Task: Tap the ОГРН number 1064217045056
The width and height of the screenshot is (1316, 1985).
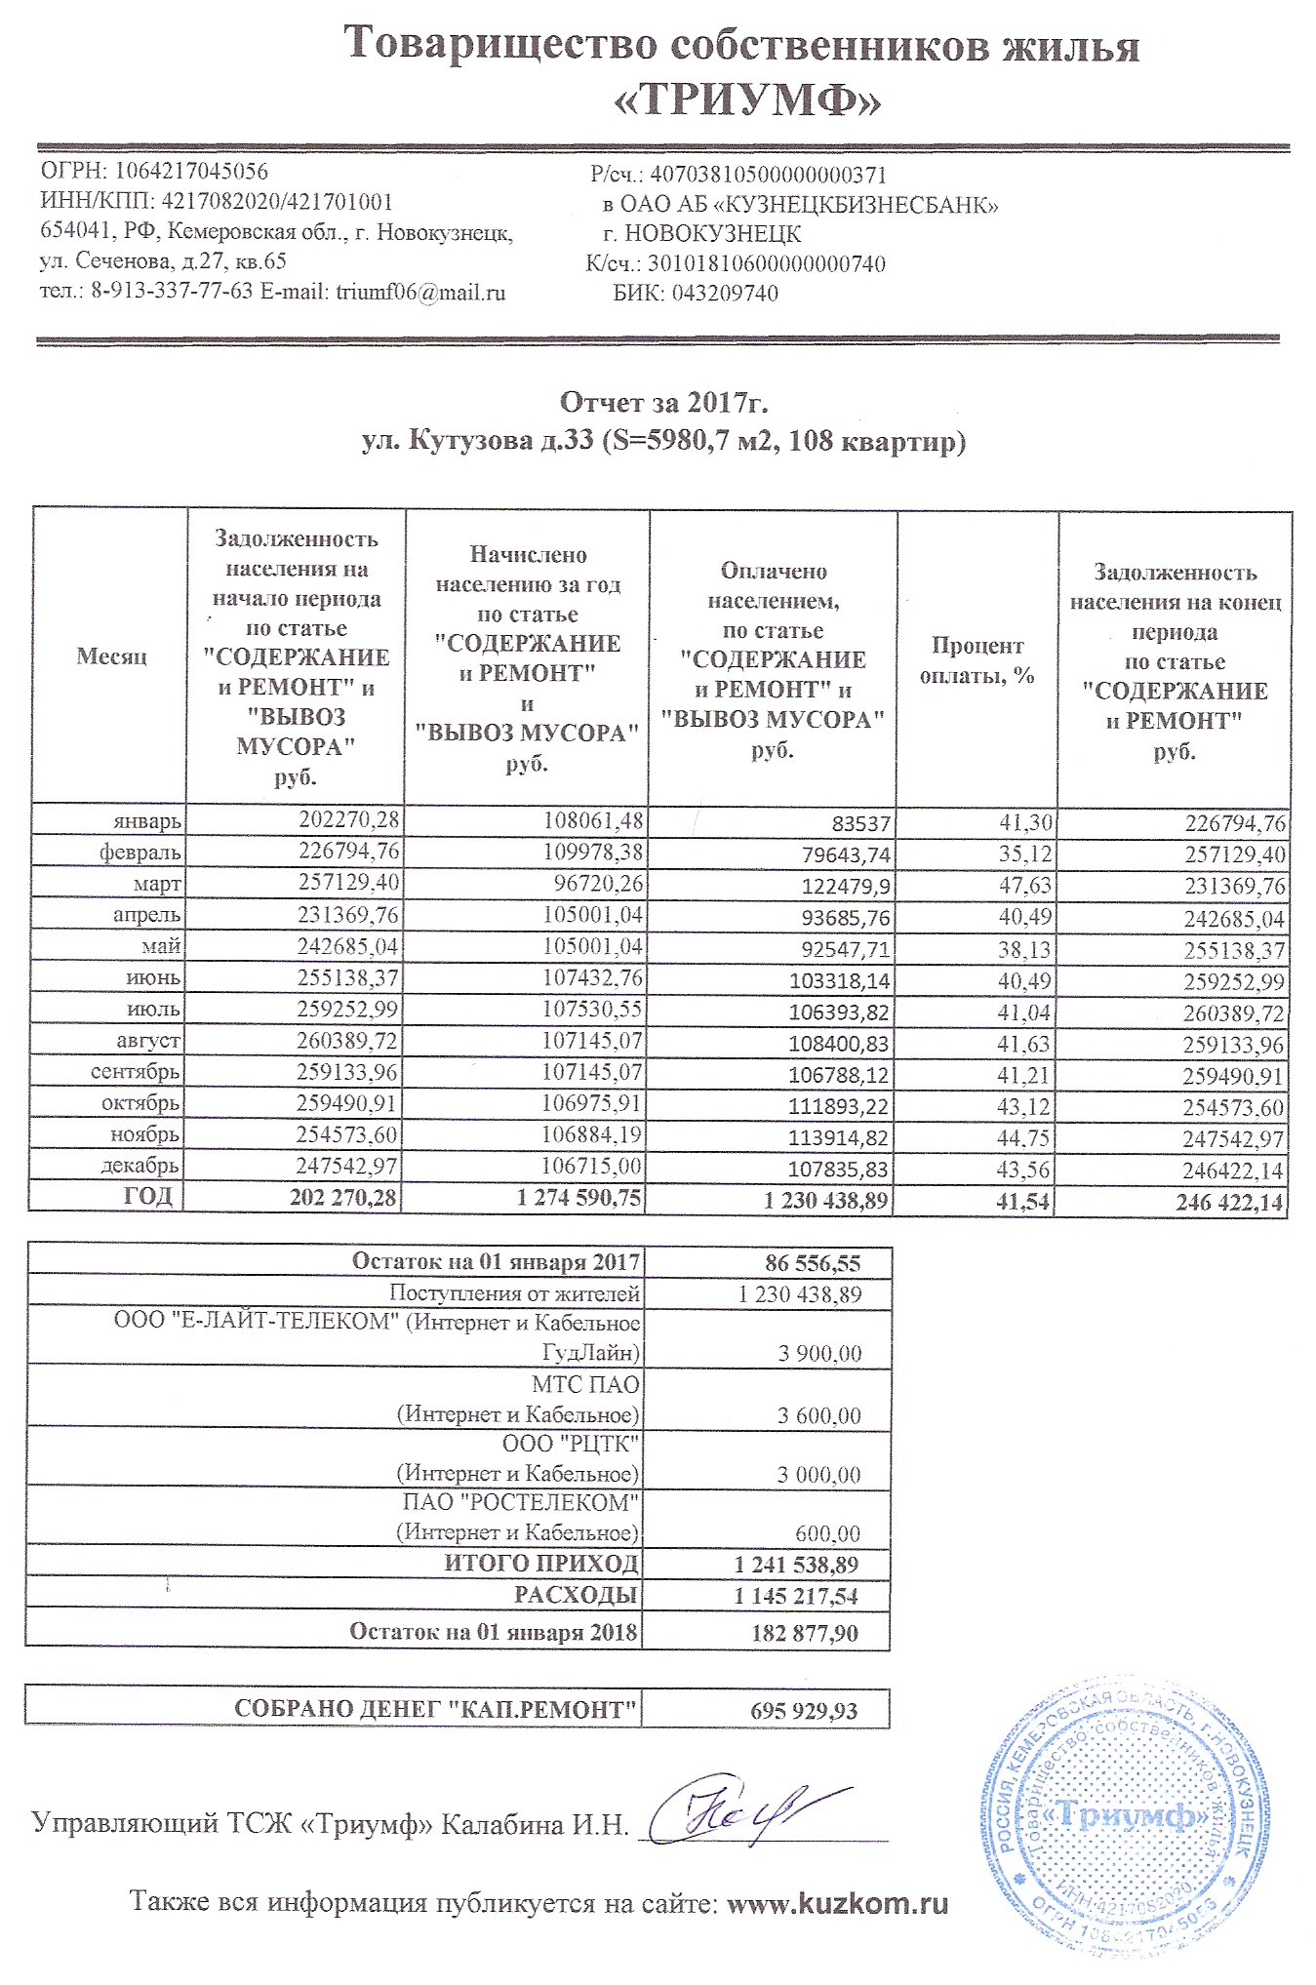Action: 192,172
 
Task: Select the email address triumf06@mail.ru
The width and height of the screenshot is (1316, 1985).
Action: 420,292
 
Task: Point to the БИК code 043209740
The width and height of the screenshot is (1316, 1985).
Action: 724,294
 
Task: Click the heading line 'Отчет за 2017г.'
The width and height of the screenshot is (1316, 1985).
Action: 663,402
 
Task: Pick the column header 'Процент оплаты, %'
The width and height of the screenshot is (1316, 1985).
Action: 977,660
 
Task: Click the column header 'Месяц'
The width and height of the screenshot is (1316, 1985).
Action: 111,656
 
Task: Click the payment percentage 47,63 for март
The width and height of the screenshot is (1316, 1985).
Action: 1025,886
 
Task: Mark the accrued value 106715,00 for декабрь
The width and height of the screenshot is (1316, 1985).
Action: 592,1167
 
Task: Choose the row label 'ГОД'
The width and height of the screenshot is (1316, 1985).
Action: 148,1196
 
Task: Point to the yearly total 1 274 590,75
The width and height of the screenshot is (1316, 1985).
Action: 579,1198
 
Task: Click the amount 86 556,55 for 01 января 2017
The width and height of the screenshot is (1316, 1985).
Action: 813,1264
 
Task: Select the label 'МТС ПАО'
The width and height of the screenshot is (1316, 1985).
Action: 585,1384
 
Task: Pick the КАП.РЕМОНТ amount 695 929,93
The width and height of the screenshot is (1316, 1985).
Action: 804,1711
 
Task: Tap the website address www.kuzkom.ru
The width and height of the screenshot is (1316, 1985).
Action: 838,1904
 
